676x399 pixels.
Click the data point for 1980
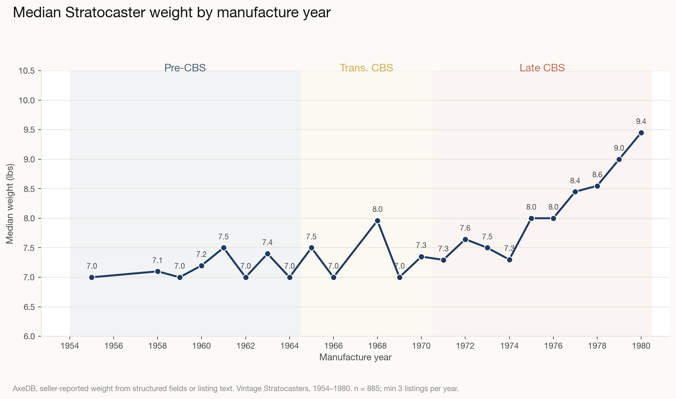(641, 133)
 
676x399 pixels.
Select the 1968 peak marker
(377, 221)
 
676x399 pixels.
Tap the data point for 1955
(92, 277)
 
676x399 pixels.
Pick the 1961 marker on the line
(224, 248)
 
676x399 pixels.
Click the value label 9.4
(641, 121)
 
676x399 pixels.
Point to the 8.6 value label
(597, 175)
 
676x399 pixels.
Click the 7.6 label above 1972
(465, 228)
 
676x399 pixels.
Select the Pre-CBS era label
(185, 68)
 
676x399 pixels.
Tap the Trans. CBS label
(366, 68)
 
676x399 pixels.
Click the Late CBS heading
(542, 68)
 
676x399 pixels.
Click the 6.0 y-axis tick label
(29, 337)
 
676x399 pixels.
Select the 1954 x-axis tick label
(70, 346)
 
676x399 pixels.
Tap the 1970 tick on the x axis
(421, 346)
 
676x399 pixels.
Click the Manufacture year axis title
(355, 357)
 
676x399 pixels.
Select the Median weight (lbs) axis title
(10, 203)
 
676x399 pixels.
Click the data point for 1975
(531, 218)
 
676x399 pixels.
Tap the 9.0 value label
(619, 148)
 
